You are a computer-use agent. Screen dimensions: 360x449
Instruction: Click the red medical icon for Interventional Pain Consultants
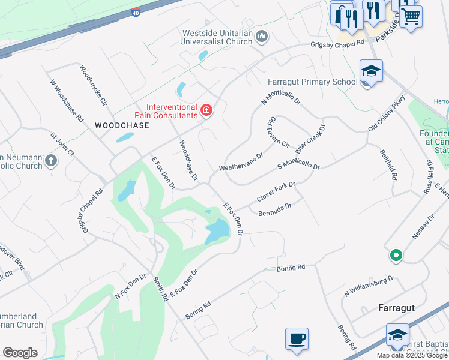click(206, 110)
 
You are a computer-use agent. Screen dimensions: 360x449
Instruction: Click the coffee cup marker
click(297, 338)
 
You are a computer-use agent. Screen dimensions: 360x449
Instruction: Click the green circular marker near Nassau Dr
click(396, 256)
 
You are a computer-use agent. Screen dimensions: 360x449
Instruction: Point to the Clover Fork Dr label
click(276, 192)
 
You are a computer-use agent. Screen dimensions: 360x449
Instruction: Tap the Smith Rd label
click(159, 288)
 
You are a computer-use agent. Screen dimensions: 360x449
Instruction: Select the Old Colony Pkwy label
click(387, 113)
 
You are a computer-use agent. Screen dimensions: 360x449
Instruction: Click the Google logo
click(20, 353)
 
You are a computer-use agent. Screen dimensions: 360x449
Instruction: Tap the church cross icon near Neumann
click(51, 161)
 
